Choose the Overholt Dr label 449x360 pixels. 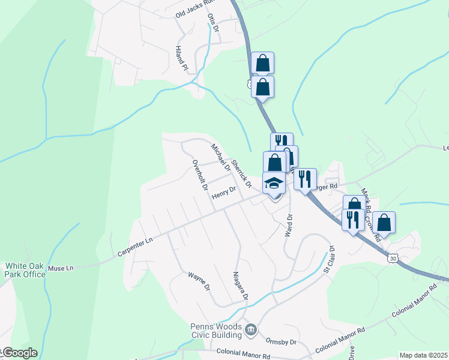199,175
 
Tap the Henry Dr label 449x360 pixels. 223,193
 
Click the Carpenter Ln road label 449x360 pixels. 135,247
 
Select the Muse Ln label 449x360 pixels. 61,268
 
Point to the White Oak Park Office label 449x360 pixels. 25,270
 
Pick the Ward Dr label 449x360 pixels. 289,224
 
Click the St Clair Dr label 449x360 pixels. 328,259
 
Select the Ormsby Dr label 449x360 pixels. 282,342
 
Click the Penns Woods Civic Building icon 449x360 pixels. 251,329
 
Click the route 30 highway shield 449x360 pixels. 392,257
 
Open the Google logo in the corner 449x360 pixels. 19,353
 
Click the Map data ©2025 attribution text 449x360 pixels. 424,355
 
